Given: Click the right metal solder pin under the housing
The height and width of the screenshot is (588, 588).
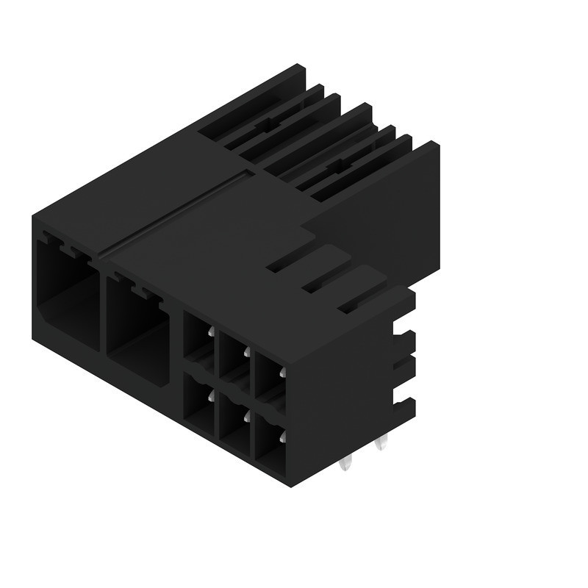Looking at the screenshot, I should click(x=380, y=444).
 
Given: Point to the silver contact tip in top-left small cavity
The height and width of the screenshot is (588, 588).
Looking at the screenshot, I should click(x=211, y=333).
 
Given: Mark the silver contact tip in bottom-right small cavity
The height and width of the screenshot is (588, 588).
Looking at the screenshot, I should click(x=282, y=438).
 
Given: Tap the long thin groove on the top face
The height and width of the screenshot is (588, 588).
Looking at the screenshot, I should click(x=176, y=213).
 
